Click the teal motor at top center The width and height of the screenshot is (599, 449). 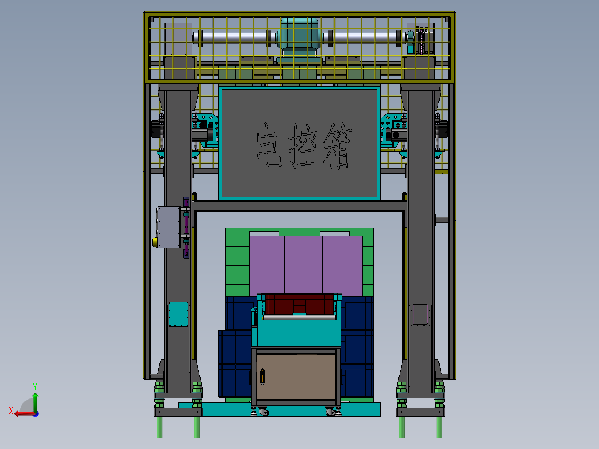pyautogui.click(x=299, y=37)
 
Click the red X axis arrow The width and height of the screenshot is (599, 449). pyautogui.click(x=22, y=413)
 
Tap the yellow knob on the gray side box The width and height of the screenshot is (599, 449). pyautogui.click(x=156, y=242)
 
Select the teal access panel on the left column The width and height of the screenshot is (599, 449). pyautogui.click(x=179, y=314)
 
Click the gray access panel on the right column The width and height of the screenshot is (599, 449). pyautogui.click(x=420, y=314)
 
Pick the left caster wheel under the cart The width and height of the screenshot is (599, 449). pyautogui.click(x=262, y=412)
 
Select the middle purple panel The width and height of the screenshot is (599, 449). pyautogui.click(x=303, y=265)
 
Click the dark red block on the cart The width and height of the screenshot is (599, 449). pyautogui.click(x=300, y=305)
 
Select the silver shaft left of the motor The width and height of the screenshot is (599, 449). pyautogui.click(x=233, y=38)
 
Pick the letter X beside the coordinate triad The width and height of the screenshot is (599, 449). pyautogui.click(x=11, y=411)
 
